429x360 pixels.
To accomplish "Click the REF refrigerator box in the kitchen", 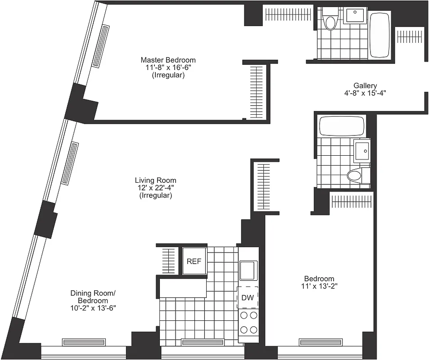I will (x=194, y=261).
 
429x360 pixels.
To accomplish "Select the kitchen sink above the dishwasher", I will (x=248, y=271).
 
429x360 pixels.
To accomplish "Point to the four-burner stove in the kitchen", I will (x=248, y=322).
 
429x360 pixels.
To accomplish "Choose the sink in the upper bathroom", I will (x=356, y=15).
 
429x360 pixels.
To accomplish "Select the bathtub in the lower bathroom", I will (x=341, y=126).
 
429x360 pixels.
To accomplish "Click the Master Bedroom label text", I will (x=168, y=60).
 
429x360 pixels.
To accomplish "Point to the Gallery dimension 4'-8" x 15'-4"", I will (x=365, y=94).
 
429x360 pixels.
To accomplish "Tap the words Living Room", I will (x=155, y=180).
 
